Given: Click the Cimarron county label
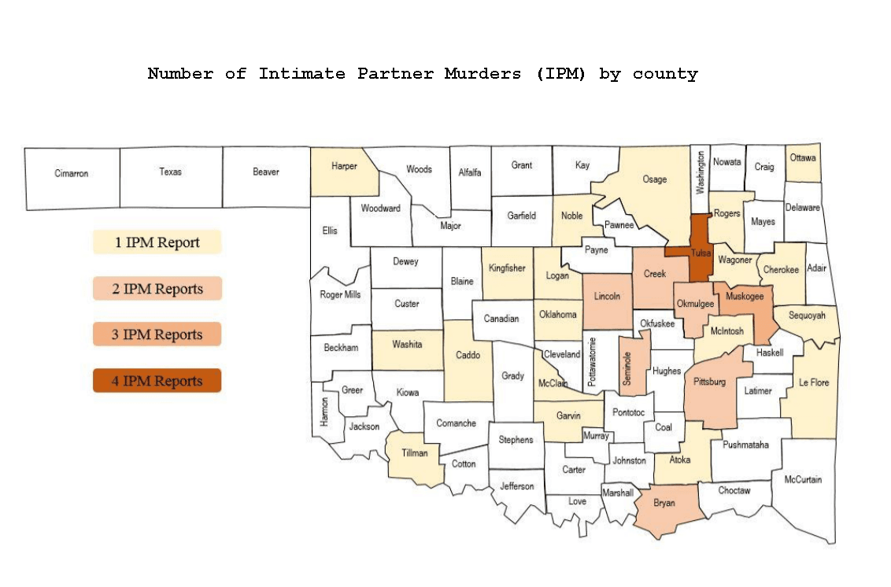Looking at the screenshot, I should (x=71, y=173).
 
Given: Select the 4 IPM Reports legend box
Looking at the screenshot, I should (x=157, y=381).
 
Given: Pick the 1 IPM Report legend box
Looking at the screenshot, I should (x=157, y=242).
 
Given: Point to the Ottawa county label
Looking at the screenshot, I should (x=803, y=157).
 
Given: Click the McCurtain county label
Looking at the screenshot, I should (x=803, y=479).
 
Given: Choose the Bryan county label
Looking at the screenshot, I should (x=664, y=503).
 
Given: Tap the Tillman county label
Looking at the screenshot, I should (x=415, y=452).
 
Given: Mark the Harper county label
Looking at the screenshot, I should (x=344, y=166).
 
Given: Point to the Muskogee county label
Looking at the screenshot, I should (x=745, y=296).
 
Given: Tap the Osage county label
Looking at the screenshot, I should (x=654, y=179).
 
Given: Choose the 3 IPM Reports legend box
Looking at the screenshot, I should (x=157, y=334).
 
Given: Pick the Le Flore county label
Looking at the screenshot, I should (x=813, y=383).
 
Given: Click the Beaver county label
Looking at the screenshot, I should (x=266, y=172).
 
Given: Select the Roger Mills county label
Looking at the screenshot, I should (x=341, y=295).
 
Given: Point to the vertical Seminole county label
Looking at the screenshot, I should (x=627, y=366).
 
